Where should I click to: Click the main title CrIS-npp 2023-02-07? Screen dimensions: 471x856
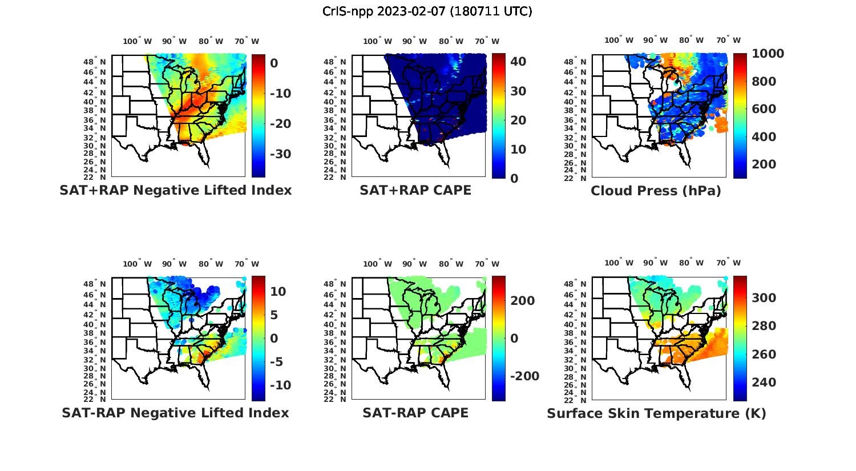(x=427, y=11)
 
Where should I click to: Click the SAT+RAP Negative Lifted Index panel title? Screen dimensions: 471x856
(x=175, y=190)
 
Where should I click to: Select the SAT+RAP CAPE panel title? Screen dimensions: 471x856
(x=415, y=190)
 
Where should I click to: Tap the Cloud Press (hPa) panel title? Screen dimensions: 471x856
(x=656, y=191)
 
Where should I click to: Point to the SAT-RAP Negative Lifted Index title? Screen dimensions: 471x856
(x=175, y=413)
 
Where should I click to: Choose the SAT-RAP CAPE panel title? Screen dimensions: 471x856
(x=415, y=413)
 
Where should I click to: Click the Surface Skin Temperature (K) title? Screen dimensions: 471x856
(x=656, y=413)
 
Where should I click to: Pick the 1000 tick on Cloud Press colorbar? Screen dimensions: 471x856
(x=768, y=54)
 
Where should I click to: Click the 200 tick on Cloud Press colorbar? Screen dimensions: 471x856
(x=764, y=164)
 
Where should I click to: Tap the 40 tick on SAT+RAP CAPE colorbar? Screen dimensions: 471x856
(x=518, y=62)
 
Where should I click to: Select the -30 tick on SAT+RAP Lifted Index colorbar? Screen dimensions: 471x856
(x=280, y=154)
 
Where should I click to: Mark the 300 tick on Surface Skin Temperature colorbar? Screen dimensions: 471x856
(x=764, y=298)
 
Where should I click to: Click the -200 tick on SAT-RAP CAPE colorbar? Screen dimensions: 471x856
(x=524, y=376)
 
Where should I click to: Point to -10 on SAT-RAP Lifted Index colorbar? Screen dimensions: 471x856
(x=280, y=385)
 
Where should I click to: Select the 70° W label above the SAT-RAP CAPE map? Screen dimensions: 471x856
(x=487, y=264)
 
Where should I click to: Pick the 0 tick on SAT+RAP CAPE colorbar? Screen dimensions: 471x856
(x=515, y=178)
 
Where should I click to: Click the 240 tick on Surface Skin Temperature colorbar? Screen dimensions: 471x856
(x=764, y=383)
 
